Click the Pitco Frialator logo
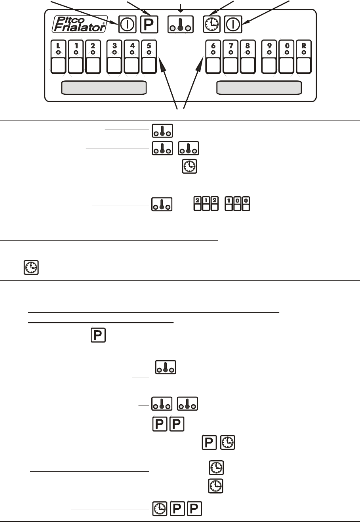point(80,23)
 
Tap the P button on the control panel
point(149,25)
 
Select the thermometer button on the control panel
point(180,24)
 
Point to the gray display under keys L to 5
point(104,88)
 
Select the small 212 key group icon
point(205,205)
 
